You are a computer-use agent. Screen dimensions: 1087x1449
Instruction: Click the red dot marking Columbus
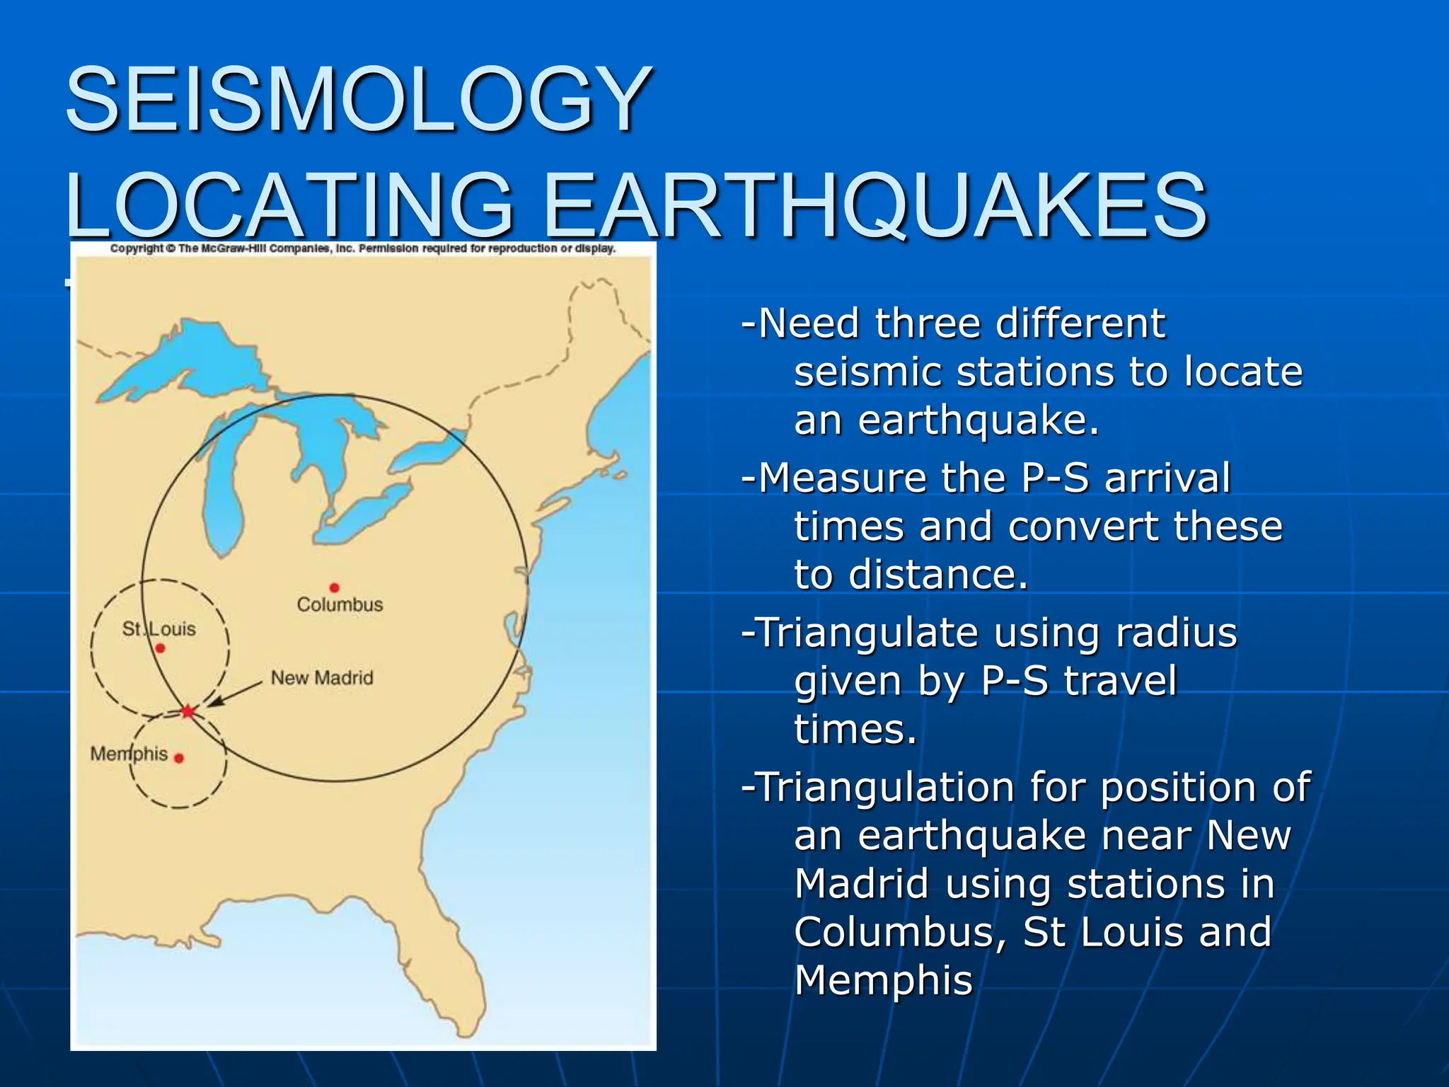click(334, 587)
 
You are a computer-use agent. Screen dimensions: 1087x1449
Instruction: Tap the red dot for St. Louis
click(160, 648)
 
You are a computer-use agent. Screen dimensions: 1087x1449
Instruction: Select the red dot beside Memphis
click(179, 758)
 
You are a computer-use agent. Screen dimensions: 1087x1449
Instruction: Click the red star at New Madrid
click(187, 711)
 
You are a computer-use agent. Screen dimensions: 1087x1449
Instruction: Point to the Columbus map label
click(340, 604)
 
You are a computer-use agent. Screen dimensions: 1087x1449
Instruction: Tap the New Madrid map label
click(322, 678)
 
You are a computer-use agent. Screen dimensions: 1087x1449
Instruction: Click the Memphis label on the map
click(129, 754)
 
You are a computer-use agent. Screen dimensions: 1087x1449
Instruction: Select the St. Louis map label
click(158, 628)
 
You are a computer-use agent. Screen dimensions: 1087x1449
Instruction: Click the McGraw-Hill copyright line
click(363, 248)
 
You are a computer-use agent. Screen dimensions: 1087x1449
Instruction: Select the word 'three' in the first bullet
click(928, 324)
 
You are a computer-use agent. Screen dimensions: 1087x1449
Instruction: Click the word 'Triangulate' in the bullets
click(867, 633)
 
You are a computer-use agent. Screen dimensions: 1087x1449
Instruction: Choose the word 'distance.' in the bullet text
click(938, 574)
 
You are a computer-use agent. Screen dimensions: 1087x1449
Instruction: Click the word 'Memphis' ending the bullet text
click(883, 980)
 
